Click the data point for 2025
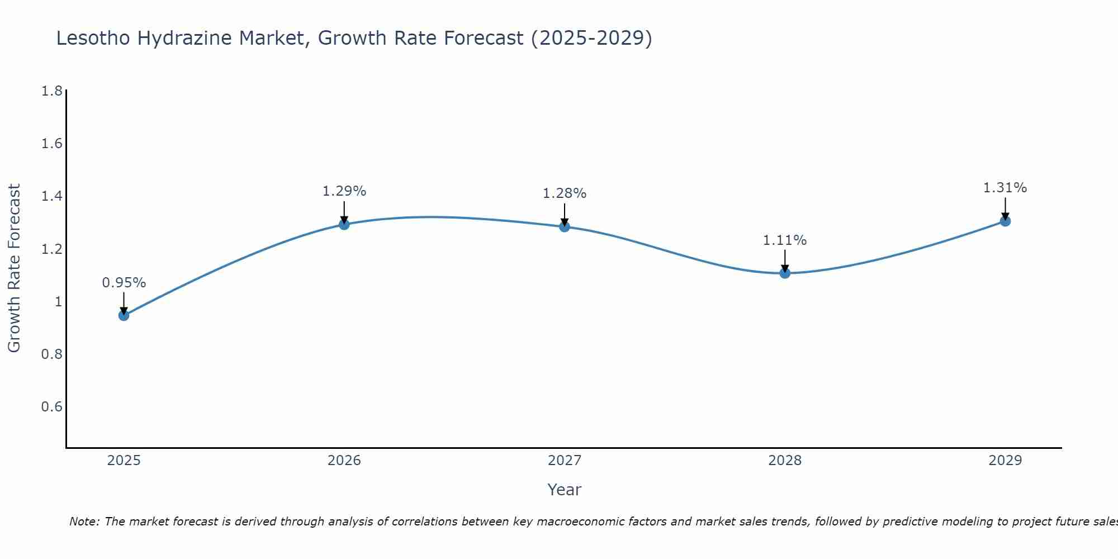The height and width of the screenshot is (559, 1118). [124, 315]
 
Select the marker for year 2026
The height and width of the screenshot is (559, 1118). [344, 224]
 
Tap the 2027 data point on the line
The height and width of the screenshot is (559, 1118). [565, 226]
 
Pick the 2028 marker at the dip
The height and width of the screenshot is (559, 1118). [785, 273]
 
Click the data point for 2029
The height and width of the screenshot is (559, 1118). [1005, 221]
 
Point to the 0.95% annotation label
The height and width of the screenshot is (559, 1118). [124, 283]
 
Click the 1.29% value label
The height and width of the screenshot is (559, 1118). [344, 191]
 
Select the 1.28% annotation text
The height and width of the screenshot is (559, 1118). [565, 193]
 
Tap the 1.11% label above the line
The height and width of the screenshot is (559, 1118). [785, 240]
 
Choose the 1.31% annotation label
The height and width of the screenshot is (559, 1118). [1005, 188]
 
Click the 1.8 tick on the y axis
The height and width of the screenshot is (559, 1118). [52, 91]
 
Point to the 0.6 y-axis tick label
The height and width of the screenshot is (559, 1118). [52, 406]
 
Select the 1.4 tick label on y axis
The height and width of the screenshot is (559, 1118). [52, 196]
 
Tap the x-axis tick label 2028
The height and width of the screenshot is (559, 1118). [785, 461]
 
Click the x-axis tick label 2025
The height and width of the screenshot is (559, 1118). [124, 461]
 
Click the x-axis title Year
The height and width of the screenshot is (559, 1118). [565, 490]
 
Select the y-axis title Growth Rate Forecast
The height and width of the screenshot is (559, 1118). [14, 268]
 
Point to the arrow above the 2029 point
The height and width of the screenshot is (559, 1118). [1005, 208]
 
